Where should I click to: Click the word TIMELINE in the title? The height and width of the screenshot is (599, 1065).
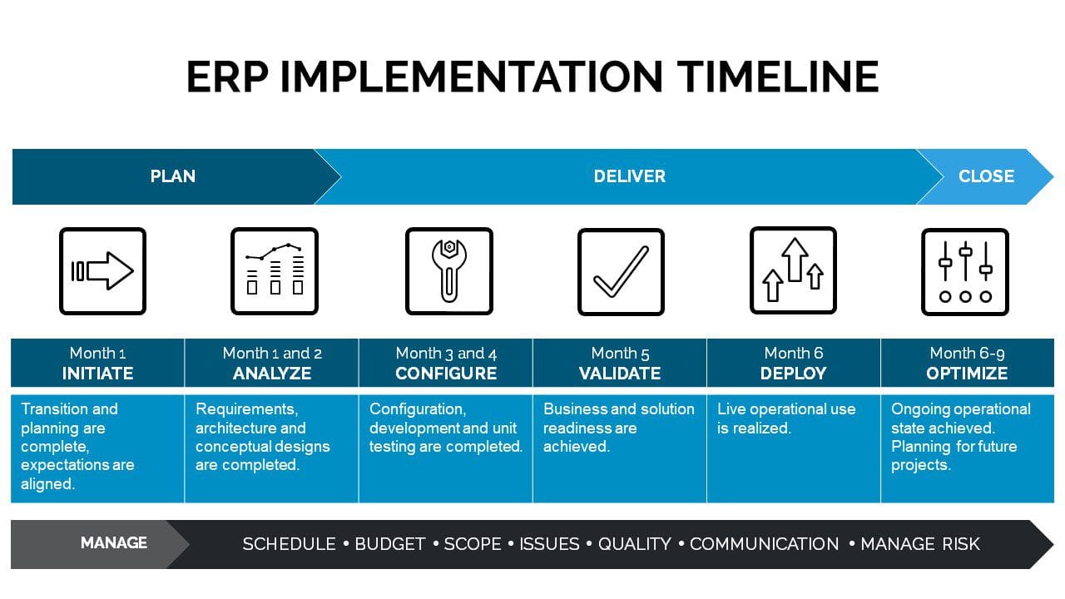pyautogui.click(x=778, y=77)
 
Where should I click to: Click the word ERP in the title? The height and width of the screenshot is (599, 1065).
pyautogui.click(x=227, y=77)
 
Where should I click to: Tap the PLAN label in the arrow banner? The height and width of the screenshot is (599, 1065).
pyautogui.click(x=172, y=176)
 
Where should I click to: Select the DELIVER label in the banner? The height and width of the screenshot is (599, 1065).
pyautogui.click(x=630, y=176)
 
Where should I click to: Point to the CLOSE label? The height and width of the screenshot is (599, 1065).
pyautogui.click(x=986, y=176)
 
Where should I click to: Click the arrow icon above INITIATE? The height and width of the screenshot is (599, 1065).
pyautogui.click(x=102, y=271)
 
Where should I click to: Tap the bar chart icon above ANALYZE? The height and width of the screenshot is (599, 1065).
pyautogui.click(x=275, y=271)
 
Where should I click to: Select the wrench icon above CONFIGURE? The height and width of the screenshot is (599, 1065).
pyautogui.click(x=448, y=271)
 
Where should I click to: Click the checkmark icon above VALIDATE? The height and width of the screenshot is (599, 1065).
pyautogui.click(x=621, y=271)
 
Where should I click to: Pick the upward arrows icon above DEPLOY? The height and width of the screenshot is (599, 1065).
pyautogui.click(x=793, y=270)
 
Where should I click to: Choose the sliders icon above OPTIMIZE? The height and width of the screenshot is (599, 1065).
pyautogui.click(x=965, y=271)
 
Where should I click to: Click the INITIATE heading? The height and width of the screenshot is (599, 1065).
pyautogui.click(x=97, y=374)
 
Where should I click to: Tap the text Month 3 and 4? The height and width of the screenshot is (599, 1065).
pyautogui.click(x=446, y=354)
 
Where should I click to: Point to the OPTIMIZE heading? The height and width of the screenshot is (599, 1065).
pyautogui.click(x=967, y=374)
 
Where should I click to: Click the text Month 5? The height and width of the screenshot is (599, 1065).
pyautogui.click(x=620, y=354)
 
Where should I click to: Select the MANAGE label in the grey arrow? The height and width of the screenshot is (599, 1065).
pyautogui.click(x=114, y=543)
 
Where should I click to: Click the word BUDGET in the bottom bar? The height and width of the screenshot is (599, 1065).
pyautogui.click(x=390, y=544)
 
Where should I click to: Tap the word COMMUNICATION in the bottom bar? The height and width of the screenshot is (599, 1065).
pyautogui.click(x=764, y=544)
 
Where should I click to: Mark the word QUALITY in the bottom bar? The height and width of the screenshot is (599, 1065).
pyautogui.click(x=634, y=544)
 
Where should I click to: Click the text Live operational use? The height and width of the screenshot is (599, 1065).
pyautogui.click(x=786, y=409)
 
